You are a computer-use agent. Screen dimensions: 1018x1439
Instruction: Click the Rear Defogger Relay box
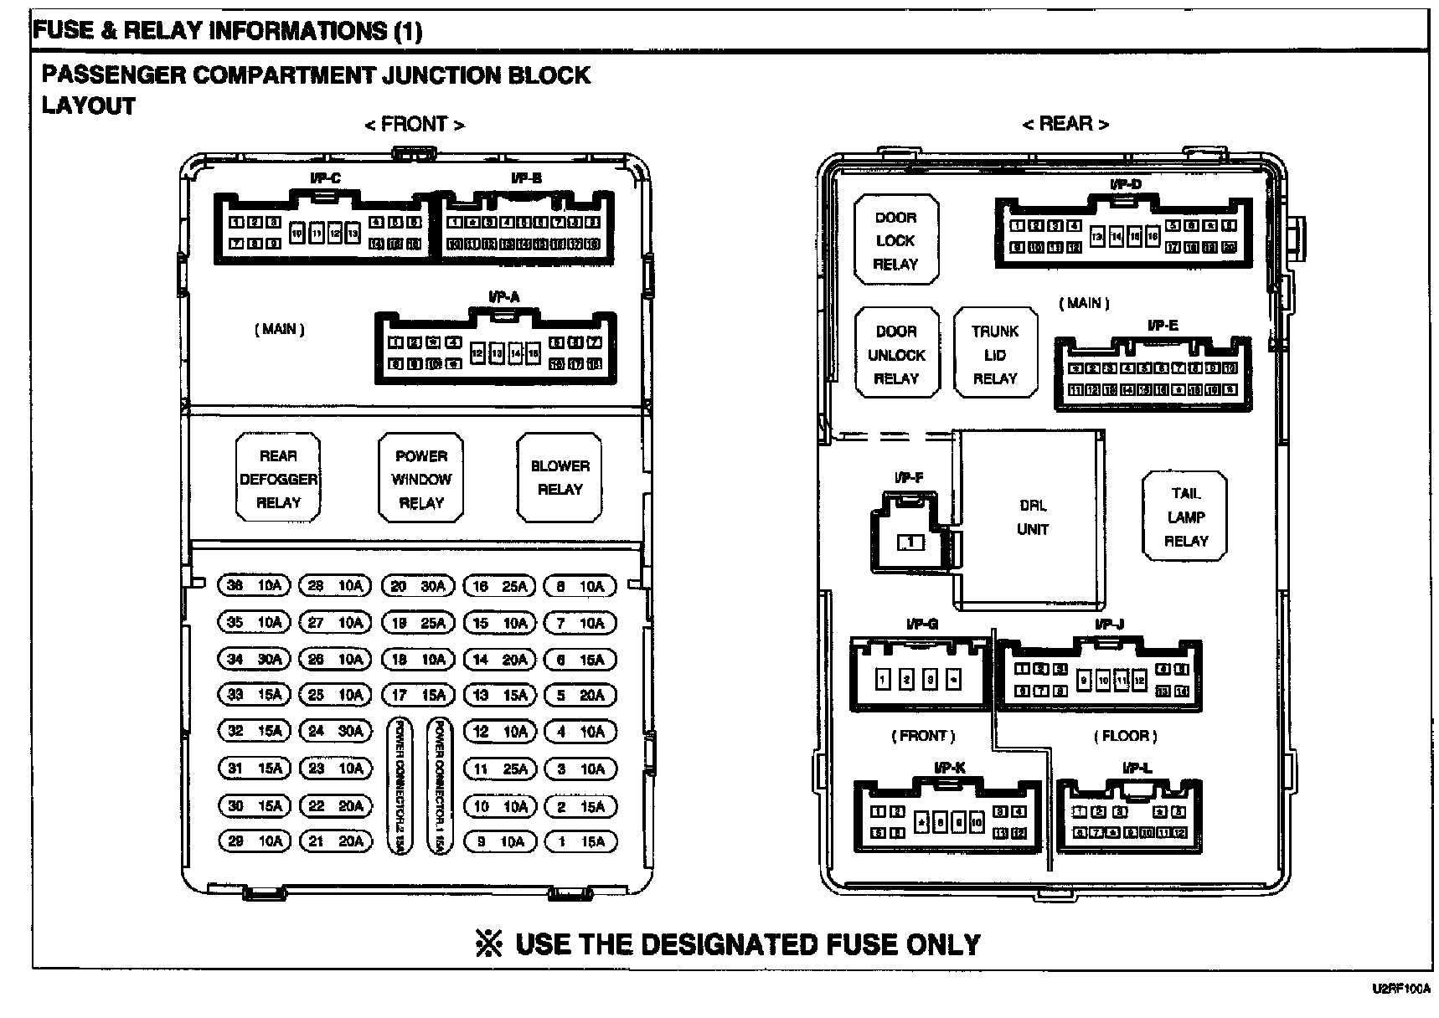[278, 479]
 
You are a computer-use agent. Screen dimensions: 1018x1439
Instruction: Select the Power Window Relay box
[421, 479]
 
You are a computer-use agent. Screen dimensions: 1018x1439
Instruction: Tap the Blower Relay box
[560, 477]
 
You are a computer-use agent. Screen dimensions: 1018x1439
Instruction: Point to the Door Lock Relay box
[895, 240]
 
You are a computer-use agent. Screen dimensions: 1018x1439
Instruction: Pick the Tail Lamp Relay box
[1185, 517]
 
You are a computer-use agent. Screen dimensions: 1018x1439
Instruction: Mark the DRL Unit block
[1032, 517]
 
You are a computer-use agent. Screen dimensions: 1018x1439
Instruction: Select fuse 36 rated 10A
[254, 586]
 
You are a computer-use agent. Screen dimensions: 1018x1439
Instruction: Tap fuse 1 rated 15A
[580, 841]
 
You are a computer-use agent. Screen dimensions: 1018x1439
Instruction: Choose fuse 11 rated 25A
[500, 769]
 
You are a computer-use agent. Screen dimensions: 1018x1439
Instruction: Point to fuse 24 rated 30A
[336, 731]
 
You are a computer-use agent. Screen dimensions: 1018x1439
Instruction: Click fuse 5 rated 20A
[580, 695]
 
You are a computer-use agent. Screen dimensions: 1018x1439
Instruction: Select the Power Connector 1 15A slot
[439, 785]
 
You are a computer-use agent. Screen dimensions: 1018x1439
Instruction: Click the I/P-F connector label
[908, 478]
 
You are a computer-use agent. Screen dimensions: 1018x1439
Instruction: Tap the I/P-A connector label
[503, 296]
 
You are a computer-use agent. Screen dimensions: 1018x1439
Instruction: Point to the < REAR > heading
[1065, 124]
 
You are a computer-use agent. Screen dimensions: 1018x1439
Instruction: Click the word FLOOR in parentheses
[1125, 736]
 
